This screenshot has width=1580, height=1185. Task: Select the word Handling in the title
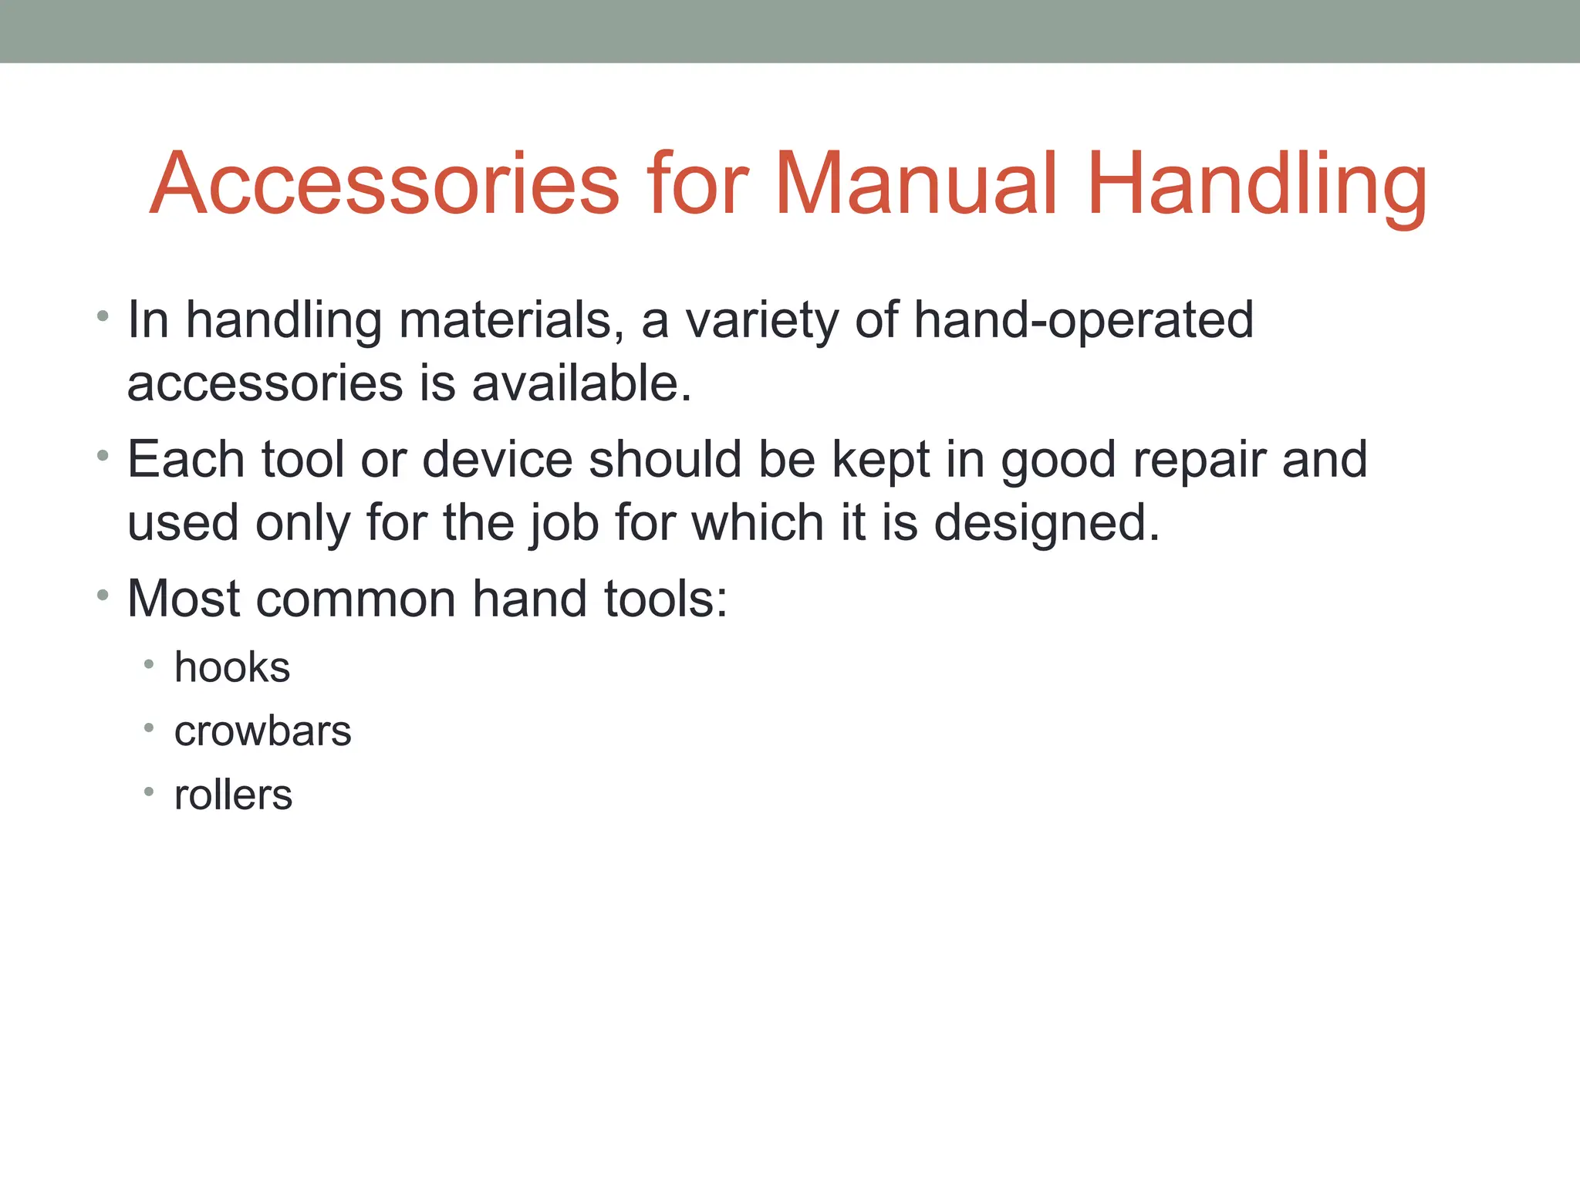coord(1257,185)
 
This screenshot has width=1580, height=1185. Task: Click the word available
coord(582,383)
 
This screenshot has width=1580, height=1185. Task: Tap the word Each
coord(186,460)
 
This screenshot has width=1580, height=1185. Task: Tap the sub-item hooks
coord(232,667)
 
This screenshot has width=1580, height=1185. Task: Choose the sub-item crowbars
coord(262,731)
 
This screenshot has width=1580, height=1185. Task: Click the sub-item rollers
coord(233,795)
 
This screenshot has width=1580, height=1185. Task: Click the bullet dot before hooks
coord(149,664)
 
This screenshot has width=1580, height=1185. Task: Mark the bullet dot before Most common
coord(103,596)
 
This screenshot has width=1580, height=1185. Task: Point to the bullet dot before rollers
coord(149,792)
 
